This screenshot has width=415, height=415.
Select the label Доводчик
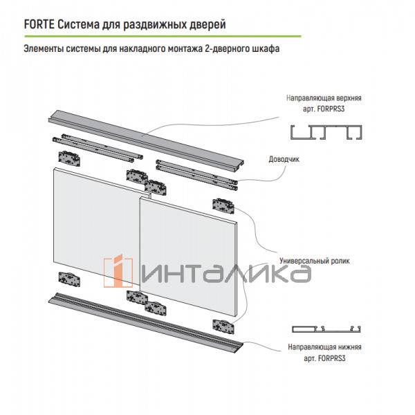tap(284, 159)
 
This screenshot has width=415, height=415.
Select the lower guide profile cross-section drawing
tap(329, 329)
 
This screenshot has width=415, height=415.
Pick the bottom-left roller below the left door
tap(70, 281)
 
